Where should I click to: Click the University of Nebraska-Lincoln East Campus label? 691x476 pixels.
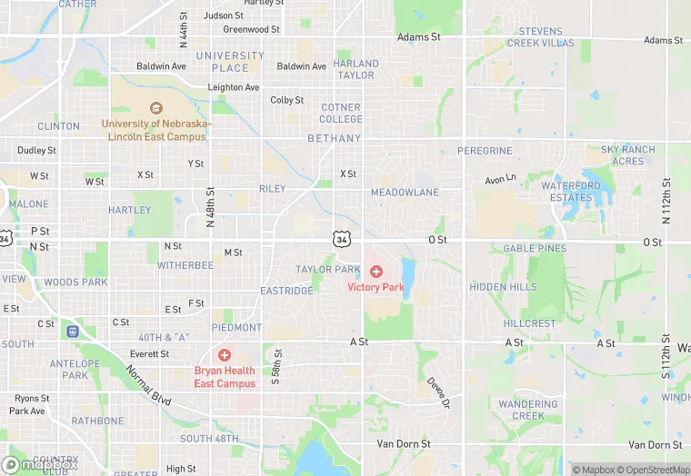(x=156, y=130)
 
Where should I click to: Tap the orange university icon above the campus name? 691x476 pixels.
(x=156, y=108)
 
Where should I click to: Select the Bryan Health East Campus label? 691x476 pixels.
(x=224, y=376)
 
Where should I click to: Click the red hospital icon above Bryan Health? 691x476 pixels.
(x=224, y=354)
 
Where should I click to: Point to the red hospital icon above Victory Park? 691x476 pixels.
(x=376, y=272)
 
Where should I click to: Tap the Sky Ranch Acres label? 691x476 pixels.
(x=627, y=155)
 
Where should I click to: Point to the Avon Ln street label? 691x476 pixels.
(x=500, y=179)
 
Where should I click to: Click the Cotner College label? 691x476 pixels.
(x=341, y=113)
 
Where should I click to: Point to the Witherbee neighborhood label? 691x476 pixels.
(x=185, y=265)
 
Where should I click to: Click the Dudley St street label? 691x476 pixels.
(x=36, y=150)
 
